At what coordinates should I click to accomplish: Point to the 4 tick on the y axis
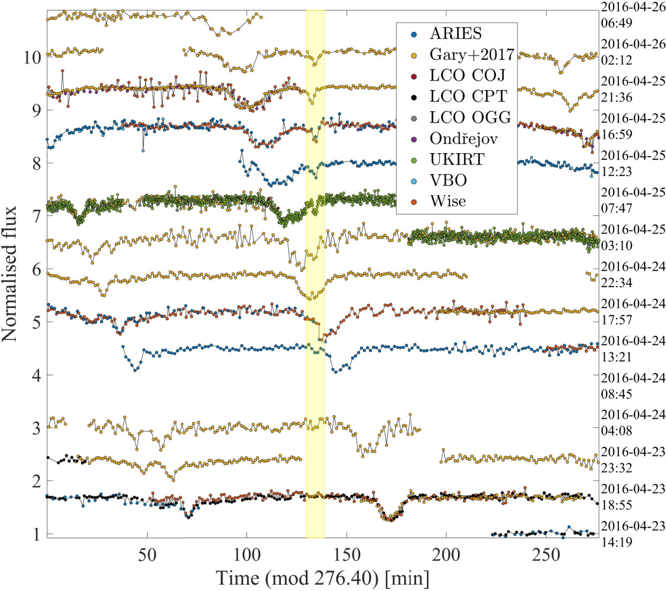tap(37, 375)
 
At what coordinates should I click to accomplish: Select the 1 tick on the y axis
tap(37, 535)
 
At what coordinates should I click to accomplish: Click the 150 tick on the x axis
tap(347, 555)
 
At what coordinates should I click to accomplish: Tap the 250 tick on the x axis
tap(546, 555)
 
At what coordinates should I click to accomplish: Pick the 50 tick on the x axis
tap(147, 555)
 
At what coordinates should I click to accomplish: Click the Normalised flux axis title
tap(9, 274)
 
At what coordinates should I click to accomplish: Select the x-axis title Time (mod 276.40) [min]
tap(323, 578)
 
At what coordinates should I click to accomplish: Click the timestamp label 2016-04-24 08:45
tap(632, 386)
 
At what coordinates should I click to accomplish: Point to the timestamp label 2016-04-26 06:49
tap(632, 15)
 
